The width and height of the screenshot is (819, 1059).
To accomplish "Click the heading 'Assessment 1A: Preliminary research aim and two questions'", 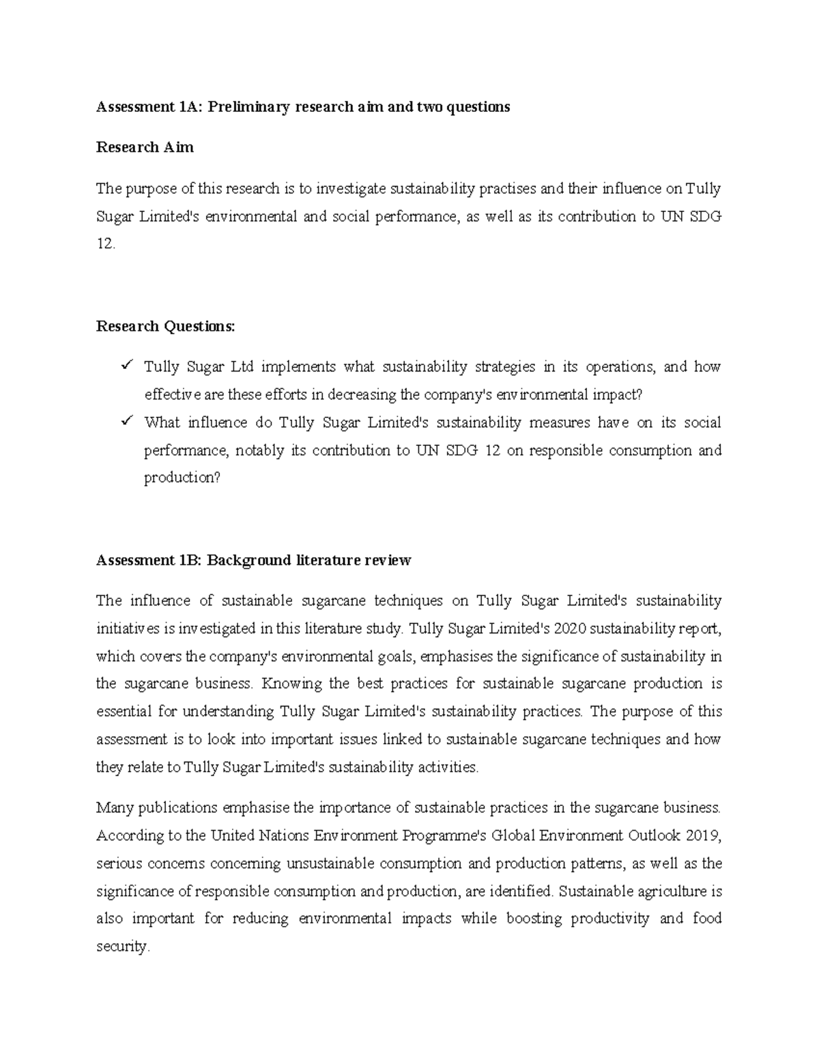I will [x=303, y=107].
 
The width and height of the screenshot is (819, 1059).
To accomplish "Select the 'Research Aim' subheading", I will [x=145, y=147].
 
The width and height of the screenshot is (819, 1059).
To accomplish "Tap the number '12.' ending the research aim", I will [x=106, y=244].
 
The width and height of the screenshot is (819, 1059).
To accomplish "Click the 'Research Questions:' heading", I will [x=165, y=327].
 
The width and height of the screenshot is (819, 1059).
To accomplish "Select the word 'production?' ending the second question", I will [x=182, y=478].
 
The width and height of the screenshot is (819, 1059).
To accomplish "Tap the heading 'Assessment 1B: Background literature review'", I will [x=254, y=561].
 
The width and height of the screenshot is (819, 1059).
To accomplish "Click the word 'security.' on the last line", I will [x=122, y=946].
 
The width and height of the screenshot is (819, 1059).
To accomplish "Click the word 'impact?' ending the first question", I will [x=618, y=395].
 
